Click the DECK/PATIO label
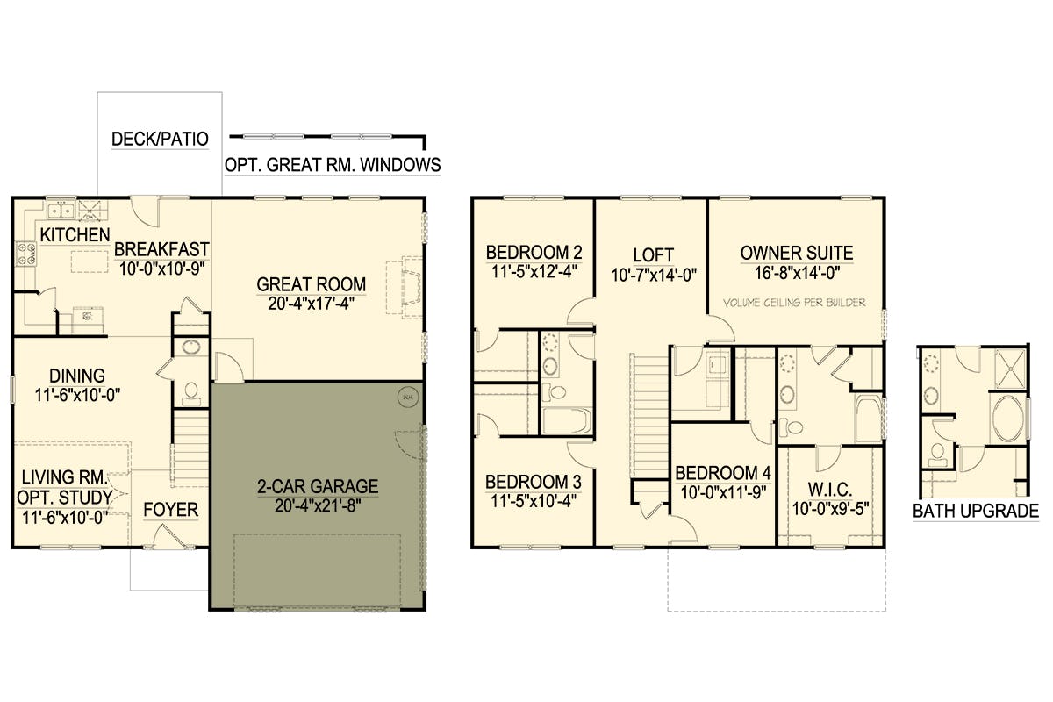pyautogui.click(x=160, y=140)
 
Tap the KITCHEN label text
pyautogui.click(x=75, y=235)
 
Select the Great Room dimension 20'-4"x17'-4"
pyautogui.click(x=312, y=304)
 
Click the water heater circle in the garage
pyautogui.click(x=407, y=398)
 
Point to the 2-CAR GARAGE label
pyautogui.click(x=318, y=486)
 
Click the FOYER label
pyautogui.click(x=170, y=510)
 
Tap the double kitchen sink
pyautogui.click(x=61, y=211)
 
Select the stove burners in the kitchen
pyautogui.click(x=26, y=254)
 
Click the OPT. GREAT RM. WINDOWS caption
pyautogui.click(x=333, y=165)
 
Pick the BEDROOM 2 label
pyautogui.click(x=534, y=253)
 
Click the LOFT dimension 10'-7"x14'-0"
pyautogui.click(x=654, y=275)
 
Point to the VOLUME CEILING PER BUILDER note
pyautogui.click(x=794, y=303)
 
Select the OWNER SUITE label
pyautogui.click(x=797, y=253)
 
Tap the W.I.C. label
pyautogui.click(x=830, y=490)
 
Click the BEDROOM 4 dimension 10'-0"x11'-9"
pyautogui.click(x=723, y=492)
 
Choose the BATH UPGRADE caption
pyautogui.click(x=976, y=511)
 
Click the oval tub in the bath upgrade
pyautogui.click(x=1008, y=419)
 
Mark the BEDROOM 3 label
pyautogui.click(x=534, y=482)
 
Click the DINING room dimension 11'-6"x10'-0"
pyautogui.click(x=77, y=395)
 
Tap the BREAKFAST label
pyautogui.click(x=161, y=249)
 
